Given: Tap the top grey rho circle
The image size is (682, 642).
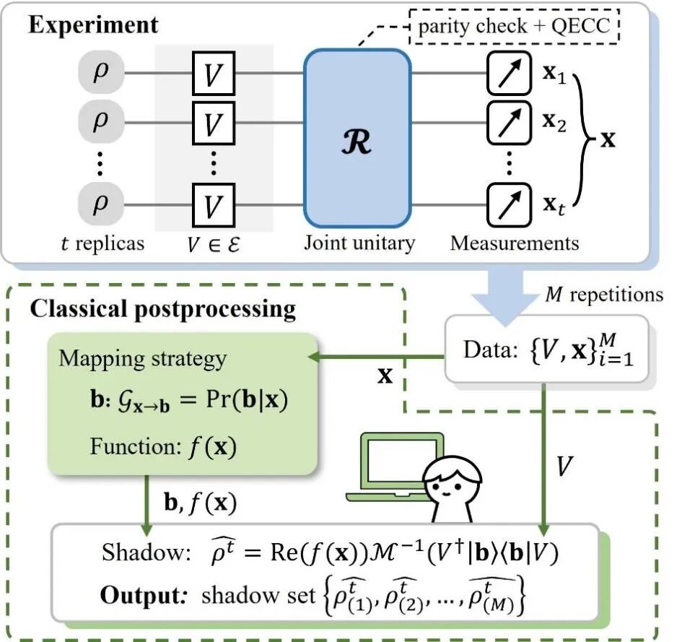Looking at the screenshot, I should pyautogui.click(x=100, y=71).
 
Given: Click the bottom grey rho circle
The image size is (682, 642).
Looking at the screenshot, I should pyautogui.click(x=100, y=204).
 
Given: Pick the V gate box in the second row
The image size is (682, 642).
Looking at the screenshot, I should pyautogui.click(x=211, y=123).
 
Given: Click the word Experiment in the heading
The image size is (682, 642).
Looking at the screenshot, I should pyautogui.click(x=93, y=26).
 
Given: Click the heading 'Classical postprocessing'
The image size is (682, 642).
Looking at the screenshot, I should pyautogui.click(x=162, y=310).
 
